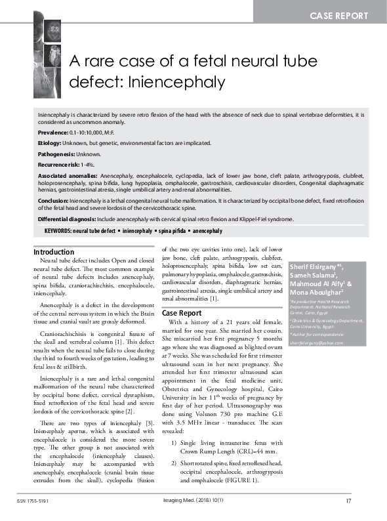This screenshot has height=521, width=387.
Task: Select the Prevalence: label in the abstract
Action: pyautogui.click(x=57, y=132)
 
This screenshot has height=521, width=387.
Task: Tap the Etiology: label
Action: pyautogui.click(x=53, y=142)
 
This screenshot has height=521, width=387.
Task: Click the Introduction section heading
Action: pyautogui.click(x=54, y=252)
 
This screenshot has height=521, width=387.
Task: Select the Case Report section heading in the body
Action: pyautogui.click(x=182, y=313)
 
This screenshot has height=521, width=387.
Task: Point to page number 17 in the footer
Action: pyautogui.click(x=349, y=502)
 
